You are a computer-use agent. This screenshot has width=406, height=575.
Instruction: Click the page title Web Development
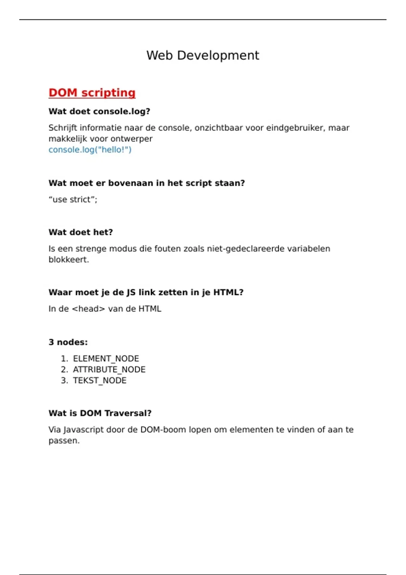(203, 55)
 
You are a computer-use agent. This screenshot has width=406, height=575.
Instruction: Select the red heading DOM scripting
(92, 93)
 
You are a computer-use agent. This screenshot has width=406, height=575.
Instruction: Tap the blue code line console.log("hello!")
(90, 149)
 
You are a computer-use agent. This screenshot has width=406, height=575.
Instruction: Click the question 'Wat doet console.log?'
(99, 111)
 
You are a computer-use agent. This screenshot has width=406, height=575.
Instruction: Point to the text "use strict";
(73, 200)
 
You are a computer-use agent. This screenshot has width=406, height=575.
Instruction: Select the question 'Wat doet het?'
(81, 232)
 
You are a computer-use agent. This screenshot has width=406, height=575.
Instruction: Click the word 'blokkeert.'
(69, 260)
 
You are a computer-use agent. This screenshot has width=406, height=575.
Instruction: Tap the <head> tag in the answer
(88, 309)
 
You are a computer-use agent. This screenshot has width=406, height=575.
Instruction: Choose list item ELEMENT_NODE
(106, 359)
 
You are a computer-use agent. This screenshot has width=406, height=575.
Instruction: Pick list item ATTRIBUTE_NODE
(109, 370)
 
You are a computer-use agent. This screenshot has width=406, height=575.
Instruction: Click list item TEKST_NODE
(99, 381)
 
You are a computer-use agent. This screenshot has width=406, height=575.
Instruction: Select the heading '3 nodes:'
(68, 342)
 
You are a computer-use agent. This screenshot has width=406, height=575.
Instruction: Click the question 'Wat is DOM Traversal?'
(100, 413)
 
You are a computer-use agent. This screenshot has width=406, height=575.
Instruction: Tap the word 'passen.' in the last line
(64, 441)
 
